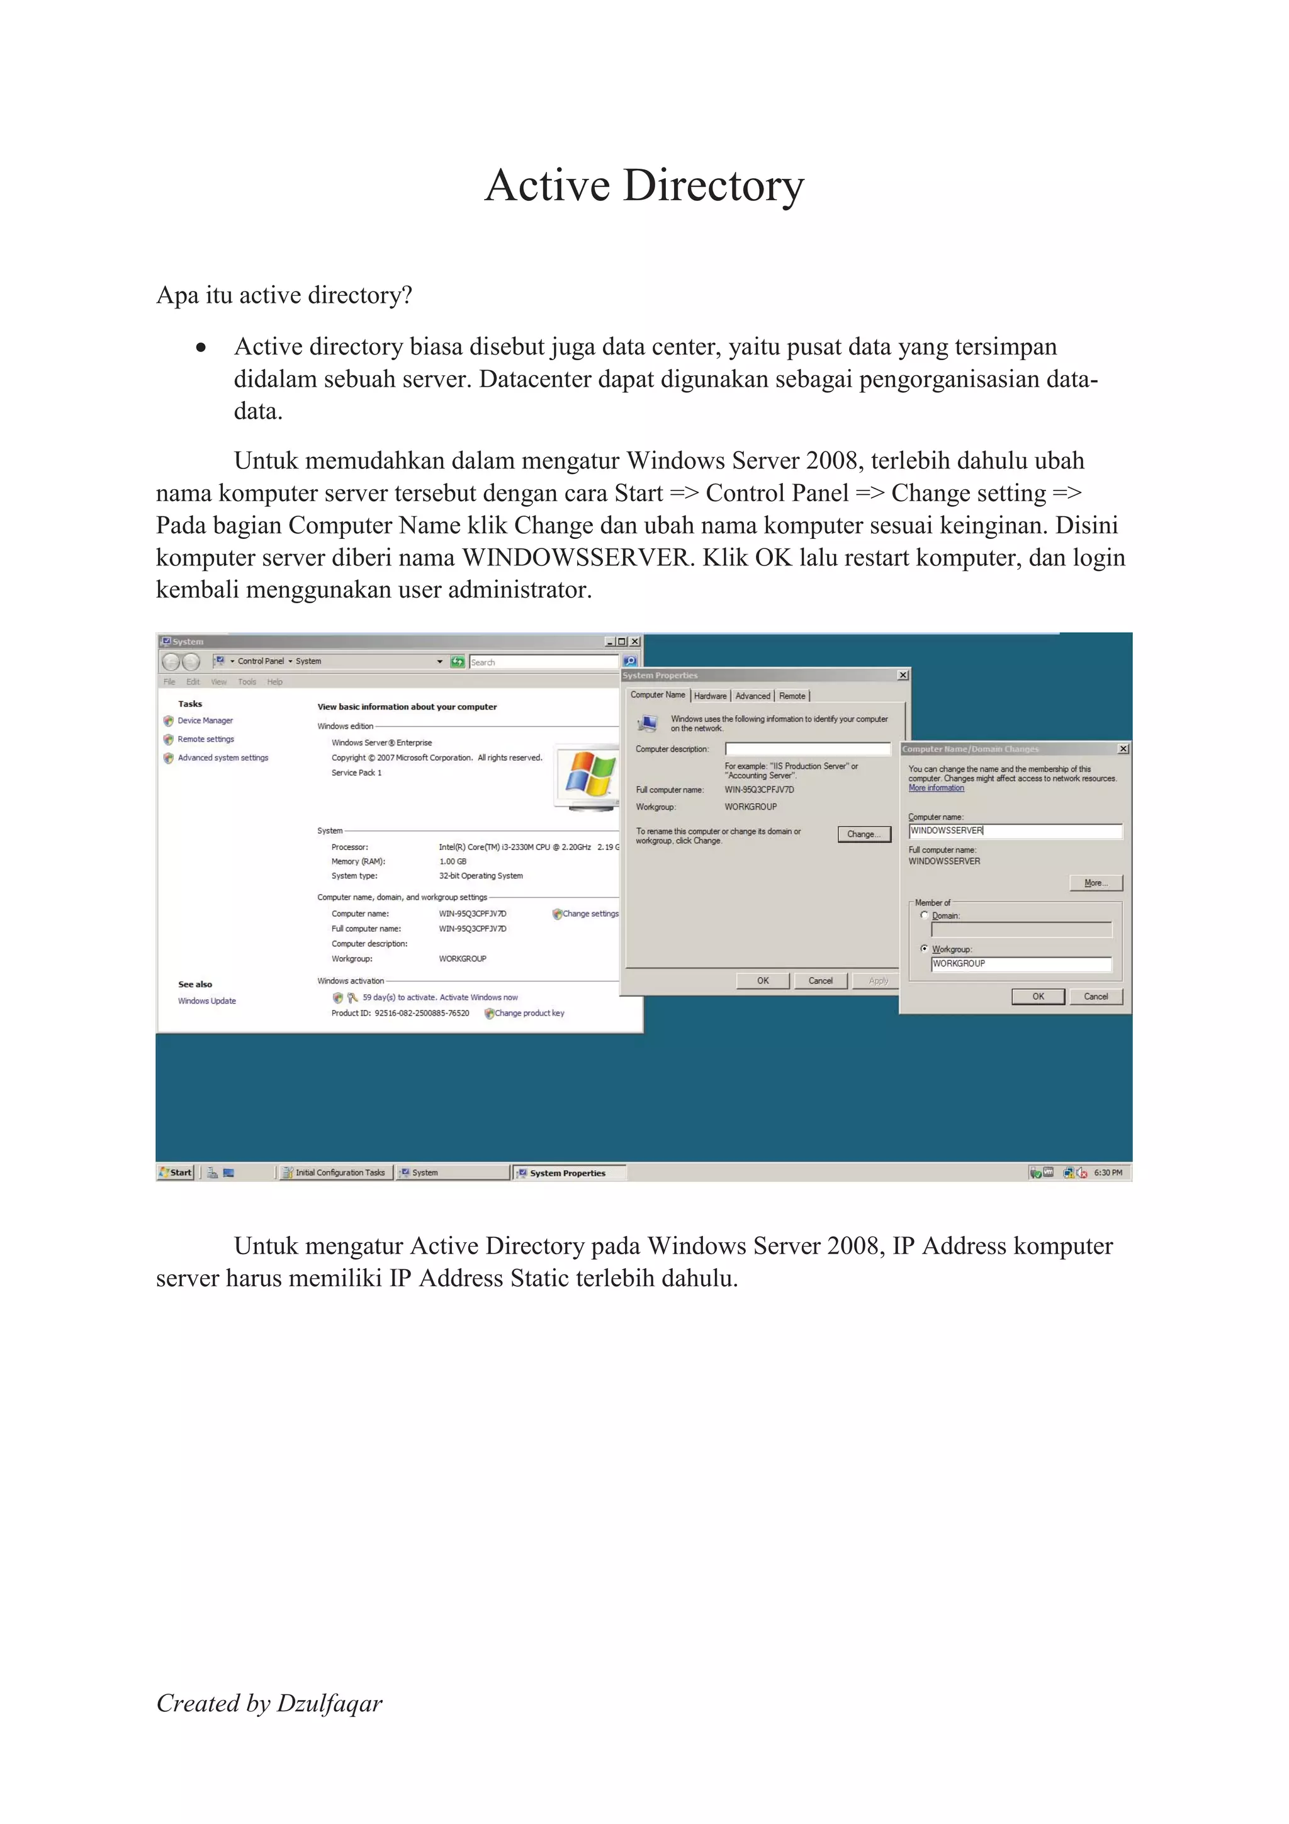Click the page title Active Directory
[644, 186]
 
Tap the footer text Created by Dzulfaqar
[269, 1702]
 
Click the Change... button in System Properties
[864, 834]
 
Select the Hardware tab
[710, 696]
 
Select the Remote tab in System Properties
[792, 696]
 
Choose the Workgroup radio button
[925, 949]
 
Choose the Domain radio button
[925, 915]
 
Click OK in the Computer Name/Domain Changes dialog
[1037, 996]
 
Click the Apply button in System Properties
[877, 981]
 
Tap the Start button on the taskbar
[176, 1172]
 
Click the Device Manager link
[205, 720]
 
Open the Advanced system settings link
[222, 758]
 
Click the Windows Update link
[206, 1001]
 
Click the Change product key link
[529, 1014]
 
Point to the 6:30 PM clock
[1107, 1172]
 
